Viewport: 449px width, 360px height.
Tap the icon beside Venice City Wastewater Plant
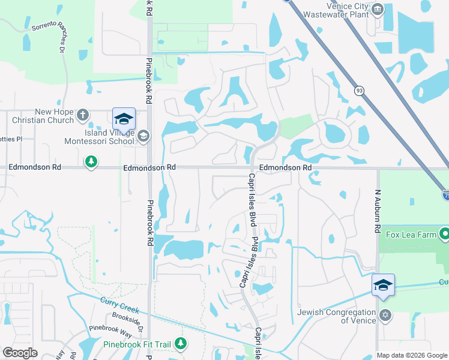point(378,8)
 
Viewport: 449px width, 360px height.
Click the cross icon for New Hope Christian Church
point(83,114)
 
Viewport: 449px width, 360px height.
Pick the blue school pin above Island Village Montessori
point(124,119)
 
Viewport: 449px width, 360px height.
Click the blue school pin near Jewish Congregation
point(383,284)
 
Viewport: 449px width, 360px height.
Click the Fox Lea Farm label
point(411,235)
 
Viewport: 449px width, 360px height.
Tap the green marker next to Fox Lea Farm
point(444,234)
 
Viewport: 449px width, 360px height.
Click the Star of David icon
point(385,315)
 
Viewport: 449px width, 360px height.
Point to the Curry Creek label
point(120,305)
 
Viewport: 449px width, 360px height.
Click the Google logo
point(20,353)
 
